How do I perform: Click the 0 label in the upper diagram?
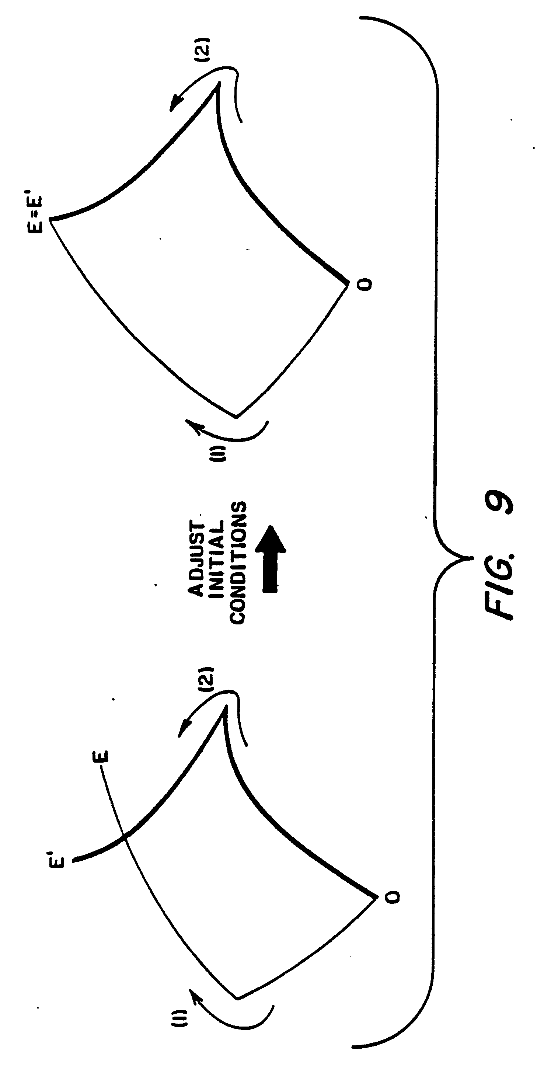click(366, 285)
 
